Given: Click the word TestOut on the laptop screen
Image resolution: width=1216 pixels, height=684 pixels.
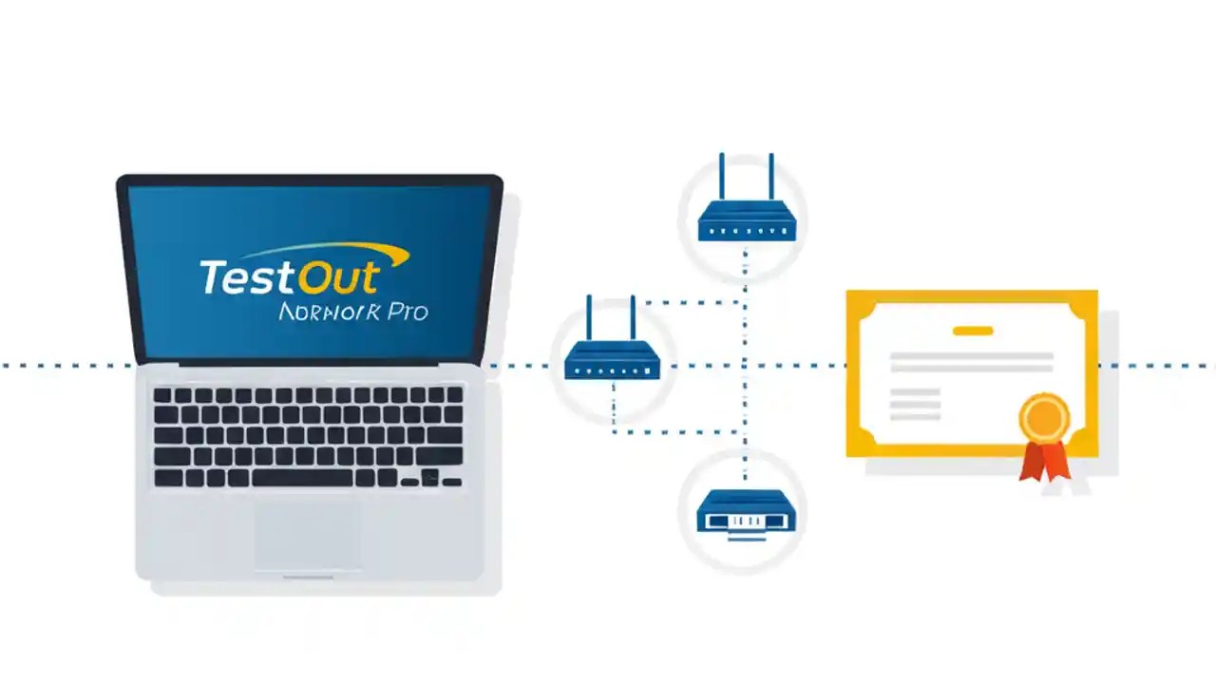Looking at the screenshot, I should tap(289, 276).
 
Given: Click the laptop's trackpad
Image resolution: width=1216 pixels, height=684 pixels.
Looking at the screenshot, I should tap(307, 535).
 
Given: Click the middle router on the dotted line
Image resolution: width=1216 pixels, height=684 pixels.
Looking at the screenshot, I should tap(612, 361).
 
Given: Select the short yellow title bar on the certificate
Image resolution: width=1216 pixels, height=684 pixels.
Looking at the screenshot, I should tap(972, 331).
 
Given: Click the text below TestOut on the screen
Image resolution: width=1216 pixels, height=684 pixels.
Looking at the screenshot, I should tap(353, 311).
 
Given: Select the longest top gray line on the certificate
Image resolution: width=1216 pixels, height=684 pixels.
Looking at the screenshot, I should tap(971, 356).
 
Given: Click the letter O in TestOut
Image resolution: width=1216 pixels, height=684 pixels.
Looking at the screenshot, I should tap(316, 276).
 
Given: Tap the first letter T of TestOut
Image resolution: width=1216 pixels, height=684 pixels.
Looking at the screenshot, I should tap(213, 276).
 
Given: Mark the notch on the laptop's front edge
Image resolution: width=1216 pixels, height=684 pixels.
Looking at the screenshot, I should tap(308, 577).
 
